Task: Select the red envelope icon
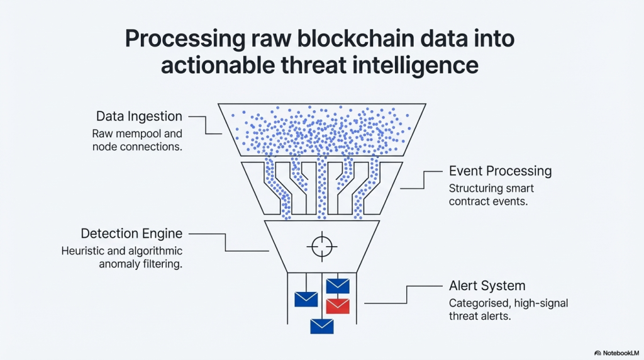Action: [x=338, y=306]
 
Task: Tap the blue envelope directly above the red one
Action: [x=338, y=286]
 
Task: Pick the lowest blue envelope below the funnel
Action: [x=321, y=325]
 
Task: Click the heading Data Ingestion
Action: [x=139, y=116]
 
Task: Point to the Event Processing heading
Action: [x=500, y=171]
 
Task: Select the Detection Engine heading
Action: [x=131, y=233]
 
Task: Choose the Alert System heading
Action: [x=487, y=286]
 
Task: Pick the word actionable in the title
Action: [x=213, y=65]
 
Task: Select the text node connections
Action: [x=137, y=147]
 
